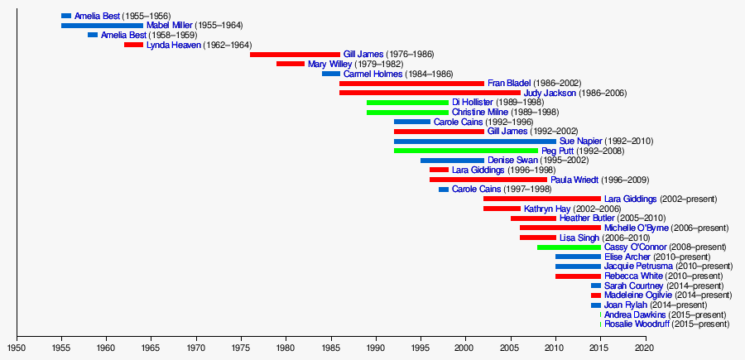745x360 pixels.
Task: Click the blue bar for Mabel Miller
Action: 102,26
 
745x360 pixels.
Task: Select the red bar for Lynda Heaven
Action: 133,45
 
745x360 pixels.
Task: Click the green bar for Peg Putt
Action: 465,151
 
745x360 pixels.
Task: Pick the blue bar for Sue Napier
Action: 474,142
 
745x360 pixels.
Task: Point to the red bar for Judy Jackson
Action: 430,93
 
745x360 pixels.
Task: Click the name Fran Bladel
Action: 510,84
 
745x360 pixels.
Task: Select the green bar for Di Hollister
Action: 407,103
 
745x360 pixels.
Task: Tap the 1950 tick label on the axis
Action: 17,348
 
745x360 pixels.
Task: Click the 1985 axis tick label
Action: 330,348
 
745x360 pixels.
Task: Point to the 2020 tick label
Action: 645,348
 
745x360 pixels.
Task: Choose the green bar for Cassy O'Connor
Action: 569,247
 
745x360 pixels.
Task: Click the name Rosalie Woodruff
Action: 637,324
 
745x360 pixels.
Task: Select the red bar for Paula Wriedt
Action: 488,180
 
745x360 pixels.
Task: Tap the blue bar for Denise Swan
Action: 452,161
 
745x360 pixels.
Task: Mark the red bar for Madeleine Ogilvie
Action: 596,295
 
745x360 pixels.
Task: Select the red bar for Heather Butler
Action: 533,218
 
